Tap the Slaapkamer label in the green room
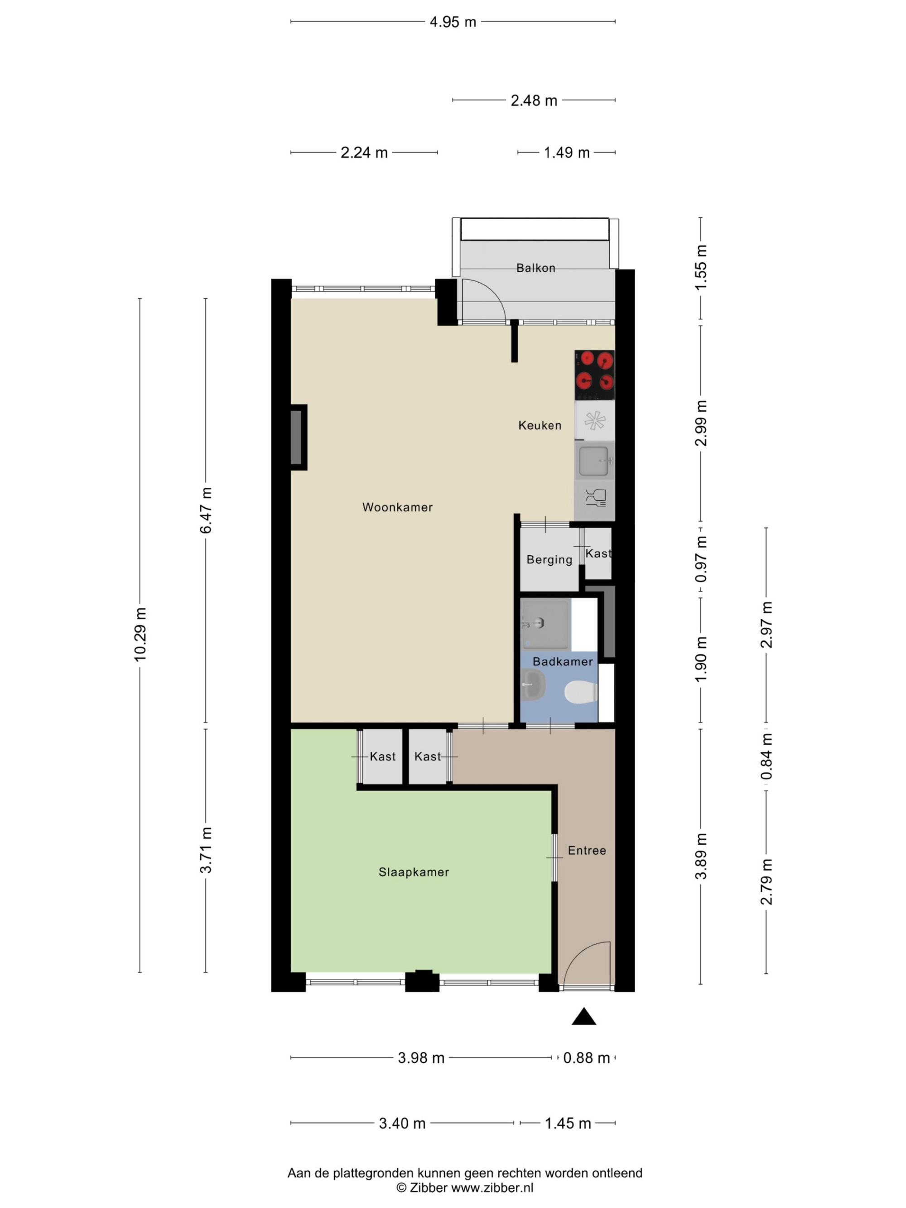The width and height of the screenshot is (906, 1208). point(414,872)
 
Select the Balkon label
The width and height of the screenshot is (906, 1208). point(536,268)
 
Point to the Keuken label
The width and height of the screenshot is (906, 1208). point(540,425)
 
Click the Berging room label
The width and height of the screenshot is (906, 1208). point(549,560)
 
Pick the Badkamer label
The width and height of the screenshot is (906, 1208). point(563,662)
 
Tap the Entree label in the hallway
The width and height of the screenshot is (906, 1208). point(587,850)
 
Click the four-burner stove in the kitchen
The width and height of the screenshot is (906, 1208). point(594,375)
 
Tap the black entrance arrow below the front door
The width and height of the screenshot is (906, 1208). point(584,1016)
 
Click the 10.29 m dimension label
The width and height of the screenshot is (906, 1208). point(140,635)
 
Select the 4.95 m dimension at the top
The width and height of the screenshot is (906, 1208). point(453,22)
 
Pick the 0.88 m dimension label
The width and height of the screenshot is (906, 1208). point(586,1058)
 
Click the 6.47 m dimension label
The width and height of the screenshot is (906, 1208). point(206,510)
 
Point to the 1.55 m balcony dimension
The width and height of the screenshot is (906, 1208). point(701,267)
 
